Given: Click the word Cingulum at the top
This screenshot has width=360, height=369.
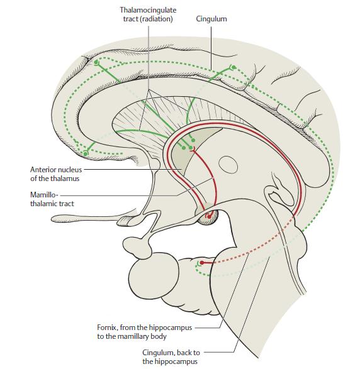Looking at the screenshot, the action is pos(211,19).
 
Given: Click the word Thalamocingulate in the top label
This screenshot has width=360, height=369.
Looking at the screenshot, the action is pos(148,10).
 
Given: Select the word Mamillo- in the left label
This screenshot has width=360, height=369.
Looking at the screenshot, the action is pos(44,195).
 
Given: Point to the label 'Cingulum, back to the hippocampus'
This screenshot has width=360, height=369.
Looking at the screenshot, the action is pos(171,357).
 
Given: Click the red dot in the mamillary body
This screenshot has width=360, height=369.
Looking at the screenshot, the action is pos(209,217).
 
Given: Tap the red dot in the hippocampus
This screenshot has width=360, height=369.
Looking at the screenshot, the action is pos(202,263).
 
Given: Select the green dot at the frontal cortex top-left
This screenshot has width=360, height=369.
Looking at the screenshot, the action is pos(96,62).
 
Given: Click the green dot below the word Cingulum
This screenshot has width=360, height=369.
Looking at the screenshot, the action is pos(233,67).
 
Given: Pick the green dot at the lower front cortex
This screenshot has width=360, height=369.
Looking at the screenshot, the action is pos(86,153).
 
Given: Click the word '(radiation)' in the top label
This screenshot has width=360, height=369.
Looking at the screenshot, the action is pos(157,19).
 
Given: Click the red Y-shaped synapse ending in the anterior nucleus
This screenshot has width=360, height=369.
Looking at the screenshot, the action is pos(193,150).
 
